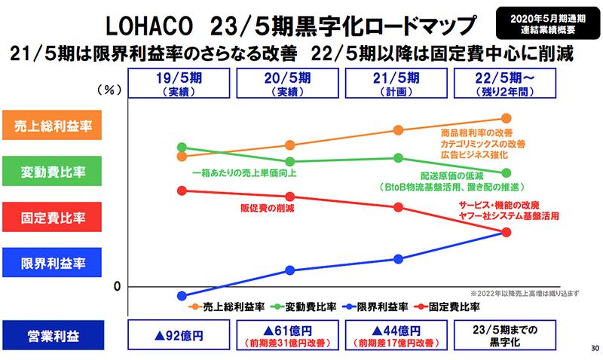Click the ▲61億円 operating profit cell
coord(289,335)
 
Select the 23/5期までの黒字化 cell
coord(505,335)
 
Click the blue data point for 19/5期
coord(181,296)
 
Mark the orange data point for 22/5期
coord(506,118)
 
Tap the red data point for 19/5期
coord(181,190)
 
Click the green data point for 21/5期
coord(398,157)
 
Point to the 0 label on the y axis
coord(118,285)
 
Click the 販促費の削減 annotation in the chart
coord(268,207)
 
